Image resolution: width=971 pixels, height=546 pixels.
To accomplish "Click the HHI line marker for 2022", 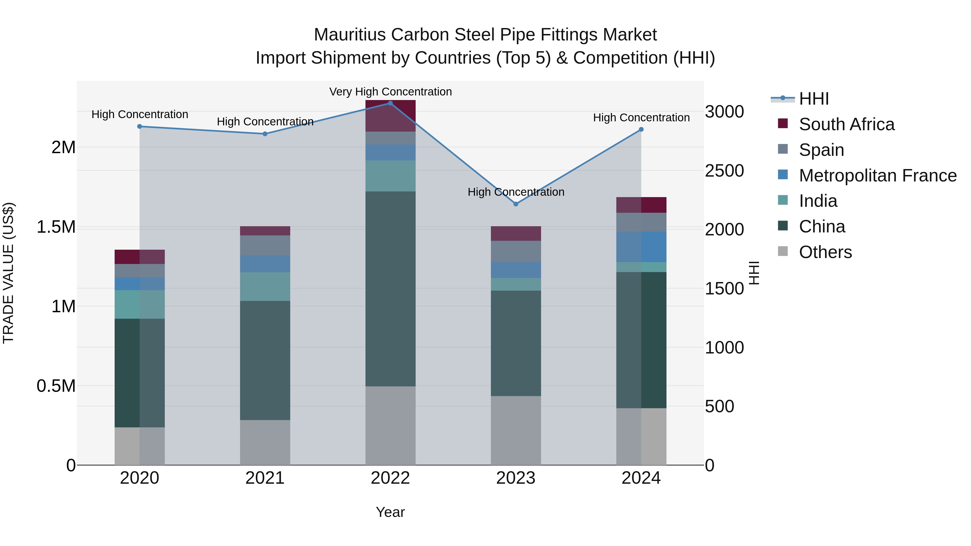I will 390,103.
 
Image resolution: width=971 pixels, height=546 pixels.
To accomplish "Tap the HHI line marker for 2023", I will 516,204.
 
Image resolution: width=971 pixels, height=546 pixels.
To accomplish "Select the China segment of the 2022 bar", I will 390,288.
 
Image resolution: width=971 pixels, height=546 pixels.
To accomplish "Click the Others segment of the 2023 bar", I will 516,430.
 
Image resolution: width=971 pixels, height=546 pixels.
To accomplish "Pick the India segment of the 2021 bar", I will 265,286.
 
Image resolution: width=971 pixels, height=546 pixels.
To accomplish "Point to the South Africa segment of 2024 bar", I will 641,205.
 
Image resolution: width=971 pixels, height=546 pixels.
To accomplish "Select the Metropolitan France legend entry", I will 877,176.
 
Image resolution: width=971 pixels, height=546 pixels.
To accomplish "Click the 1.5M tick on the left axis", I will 56,227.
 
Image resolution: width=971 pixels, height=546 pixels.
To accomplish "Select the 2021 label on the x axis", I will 265,478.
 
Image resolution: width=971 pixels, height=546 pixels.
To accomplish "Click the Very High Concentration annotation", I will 390,92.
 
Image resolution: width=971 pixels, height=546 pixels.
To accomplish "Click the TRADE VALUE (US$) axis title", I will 8,273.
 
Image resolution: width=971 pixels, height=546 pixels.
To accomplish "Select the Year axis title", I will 390,512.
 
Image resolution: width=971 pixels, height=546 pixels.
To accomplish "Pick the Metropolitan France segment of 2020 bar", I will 139,284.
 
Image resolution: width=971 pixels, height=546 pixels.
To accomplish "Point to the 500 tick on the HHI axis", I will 719,406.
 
